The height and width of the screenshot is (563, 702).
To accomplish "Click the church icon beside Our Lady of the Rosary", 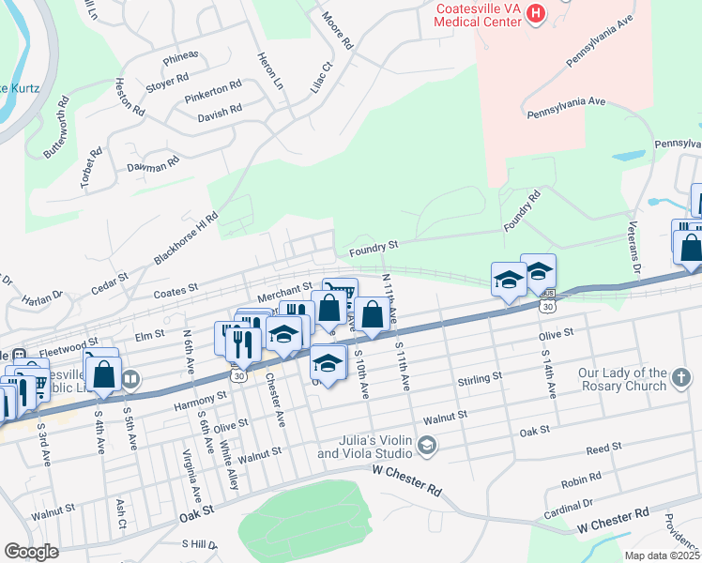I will coord(682,380).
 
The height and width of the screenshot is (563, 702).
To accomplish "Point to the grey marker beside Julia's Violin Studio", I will coord(428,445).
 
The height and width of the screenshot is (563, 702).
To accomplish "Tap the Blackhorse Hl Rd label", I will coord(185,238).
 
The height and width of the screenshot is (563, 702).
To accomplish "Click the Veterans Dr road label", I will coord(635,254).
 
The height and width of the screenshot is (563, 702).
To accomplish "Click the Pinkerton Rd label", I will coord(213,89).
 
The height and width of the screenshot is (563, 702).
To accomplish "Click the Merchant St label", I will coord(284,290).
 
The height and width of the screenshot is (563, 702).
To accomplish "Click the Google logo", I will coord(31,552).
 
